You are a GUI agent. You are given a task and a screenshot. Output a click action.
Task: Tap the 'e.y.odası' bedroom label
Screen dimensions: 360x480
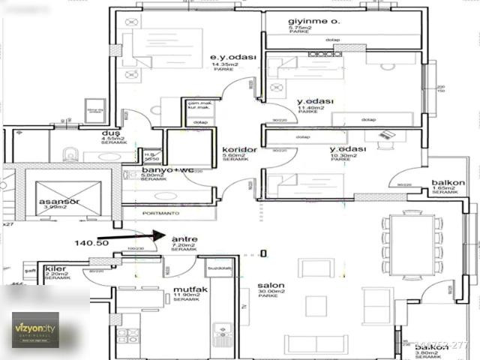(233, 58)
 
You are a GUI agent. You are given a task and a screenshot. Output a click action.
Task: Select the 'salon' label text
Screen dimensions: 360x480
(271, 286)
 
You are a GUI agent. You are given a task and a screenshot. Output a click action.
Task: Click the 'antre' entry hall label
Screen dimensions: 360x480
(184, 239)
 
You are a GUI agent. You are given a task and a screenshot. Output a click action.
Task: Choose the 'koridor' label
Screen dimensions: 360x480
(239, 150)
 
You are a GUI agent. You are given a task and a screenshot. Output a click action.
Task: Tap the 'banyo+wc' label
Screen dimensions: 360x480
(163, 170)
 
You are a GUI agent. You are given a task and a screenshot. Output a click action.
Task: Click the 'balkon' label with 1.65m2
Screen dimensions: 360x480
(448, 182)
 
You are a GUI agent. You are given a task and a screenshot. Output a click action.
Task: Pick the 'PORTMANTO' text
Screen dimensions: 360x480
(166, 211)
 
